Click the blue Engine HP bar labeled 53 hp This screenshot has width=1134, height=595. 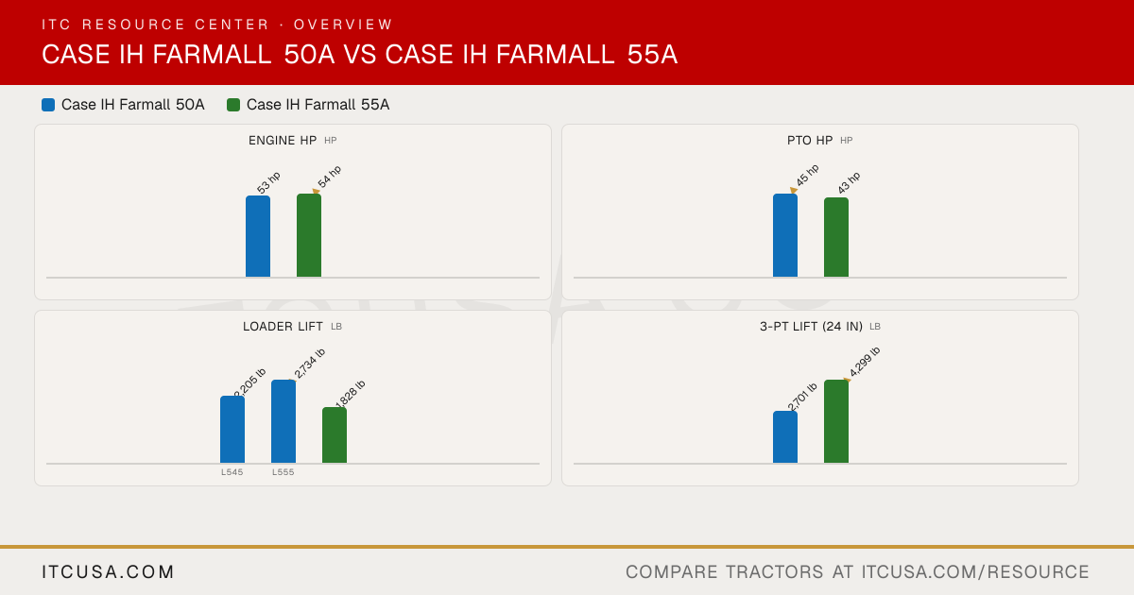click(258, 236)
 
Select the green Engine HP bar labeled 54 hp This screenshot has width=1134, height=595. click(309, 235)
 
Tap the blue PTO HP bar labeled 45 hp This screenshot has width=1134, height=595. click(785, 235)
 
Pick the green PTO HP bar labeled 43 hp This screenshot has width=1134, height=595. click(836, 237)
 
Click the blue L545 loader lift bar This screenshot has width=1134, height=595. click(232, 430)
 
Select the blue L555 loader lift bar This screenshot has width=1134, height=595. click(283, 421)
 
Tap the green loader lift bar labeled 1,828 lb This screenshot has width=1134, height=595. click(335, 435)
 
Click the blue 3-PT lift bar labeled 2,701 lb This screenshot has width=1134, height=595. click(785, 437)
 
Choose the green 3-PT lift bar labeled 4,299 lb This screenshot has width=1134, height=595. click(836, 421)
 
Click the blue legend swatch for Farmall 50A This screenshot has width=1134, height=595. click(48, 105)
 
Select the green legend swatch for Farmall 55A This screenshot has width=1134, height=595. click(233, 105)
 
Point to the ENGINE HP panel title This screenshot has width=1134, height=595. click(283, 140)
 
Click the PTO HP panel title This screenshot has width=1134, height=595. click(810, 140)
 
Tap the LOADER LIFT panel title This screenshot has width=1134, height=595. click(283, 327)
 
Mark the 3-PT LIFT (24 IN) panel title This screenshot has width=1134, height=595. click(811, 327)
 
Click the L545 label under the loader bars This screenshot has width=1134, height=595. click(232, 472)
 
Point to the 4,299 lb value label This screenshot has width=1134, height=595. click(865, 362)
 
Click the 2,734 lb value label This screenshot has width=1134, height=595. click(309, 364)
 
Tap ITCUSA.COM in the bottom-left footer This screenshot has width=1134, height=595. click(108, 571)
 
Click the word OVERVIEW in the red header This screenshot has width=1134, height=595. click(343, 25)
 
